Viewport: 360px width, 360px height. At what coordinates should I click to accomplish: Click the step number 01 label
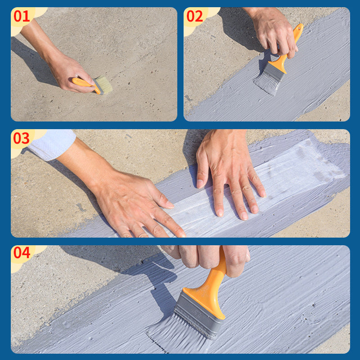tap(22, 17)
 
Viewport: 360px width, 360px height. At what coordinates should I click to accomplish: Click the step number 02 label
tap(195, 17)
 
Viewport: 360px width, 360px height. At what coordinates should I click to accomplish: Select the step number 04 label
tap(22, 253)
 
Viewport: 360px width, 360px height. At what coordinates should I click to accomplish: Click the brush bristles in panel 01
tap(103, 84)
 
